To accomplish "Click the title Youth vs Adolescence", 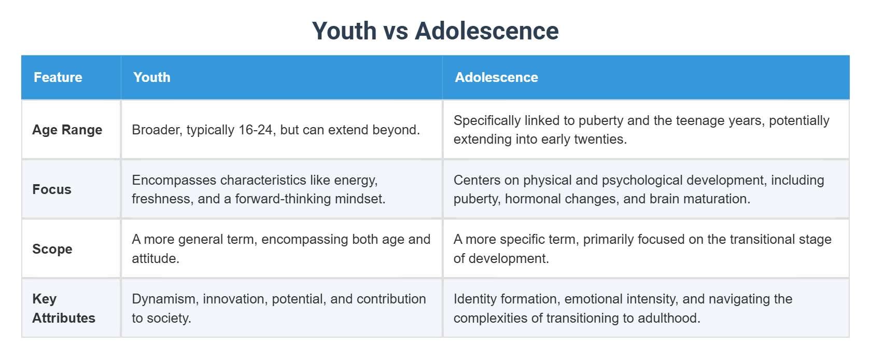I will (x=435, y=31).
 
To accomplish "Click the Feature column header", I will (x=58, y=77).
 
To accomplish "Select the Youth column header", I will (x=152, y=77).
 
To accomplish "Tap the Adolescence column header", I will (x=496, y=77).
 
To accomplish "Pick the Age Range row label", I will (x=67, y=130).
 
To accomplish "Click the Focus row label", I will (x=52, y=189).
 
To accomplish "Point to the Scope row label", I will (x=52, y=249).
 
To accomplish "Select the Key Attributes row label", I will (x=63, y=308).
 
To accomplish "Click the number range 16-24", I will (x=256, y=130).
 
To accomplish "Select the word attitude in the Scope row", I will (x=154, y=258).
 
